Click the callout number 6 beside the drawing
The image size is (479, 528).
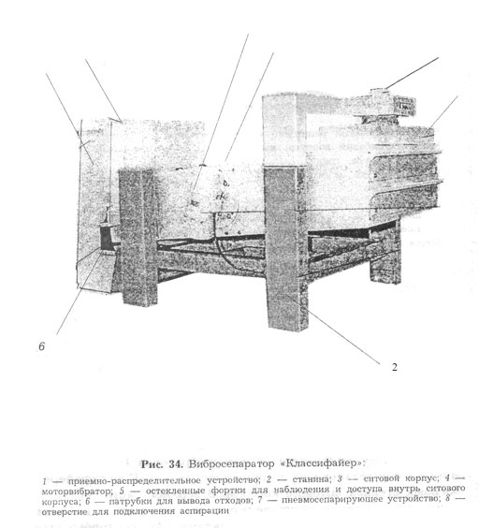tap(42, 346)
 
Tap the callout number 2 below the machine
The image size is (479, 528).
tap(395, 367)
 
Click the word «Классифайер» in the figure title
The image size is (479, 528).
tap(323, 463)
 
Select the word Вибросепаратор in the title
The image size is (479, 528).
tap(232, 464)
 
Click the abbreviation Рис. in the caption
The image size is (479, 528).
tap(152, 464)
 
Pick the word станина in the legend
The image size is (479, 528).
tap(310, 478)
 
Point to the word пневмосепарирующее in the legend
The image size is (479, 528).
tap(332, 499)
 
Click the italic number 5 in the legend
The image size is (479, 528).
tap(122, 491)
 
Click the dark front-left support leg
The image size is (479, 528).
tap(138, 238)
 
